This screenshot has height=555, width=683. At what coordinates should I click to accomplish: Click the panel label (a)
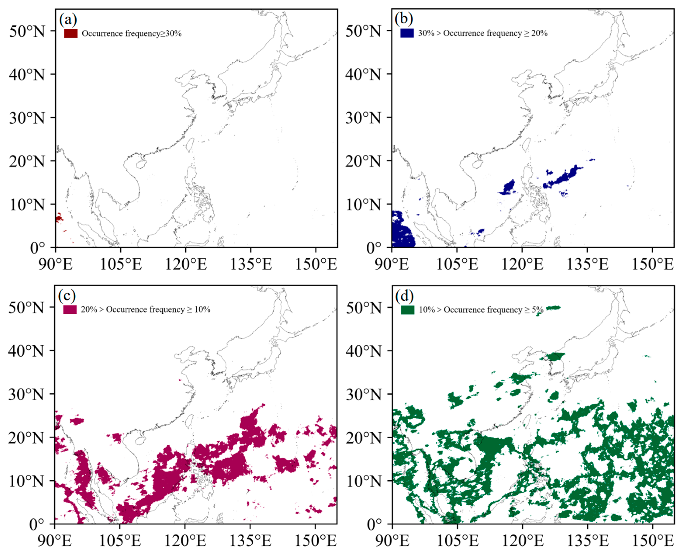68,20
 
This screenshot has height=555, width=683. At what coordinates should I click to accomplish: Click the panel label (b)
404,19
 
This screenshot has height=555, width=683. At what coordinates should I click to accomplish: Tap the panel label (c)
67,296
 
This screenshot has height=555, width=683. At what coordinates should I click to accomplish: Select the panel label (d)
404,296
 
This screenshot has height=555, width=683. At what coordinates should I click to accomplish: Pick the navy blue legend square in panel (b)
407,33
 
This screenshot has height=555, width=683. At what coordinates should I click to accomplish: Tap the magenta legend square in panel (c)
70,309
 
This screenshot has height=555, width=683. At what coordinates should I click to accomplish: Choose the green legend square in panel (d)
407,310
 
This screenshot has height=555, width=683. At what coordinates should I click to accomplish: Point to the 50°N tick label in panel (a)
27,31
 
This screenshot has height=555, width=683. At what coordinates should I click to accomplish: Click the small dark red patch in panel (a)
59,219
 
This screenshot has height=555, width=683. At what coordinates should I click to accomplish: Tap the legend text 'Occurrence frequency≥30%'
132,34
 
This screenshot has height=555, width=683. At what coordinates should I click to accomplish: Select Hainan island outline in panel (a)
141,164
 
